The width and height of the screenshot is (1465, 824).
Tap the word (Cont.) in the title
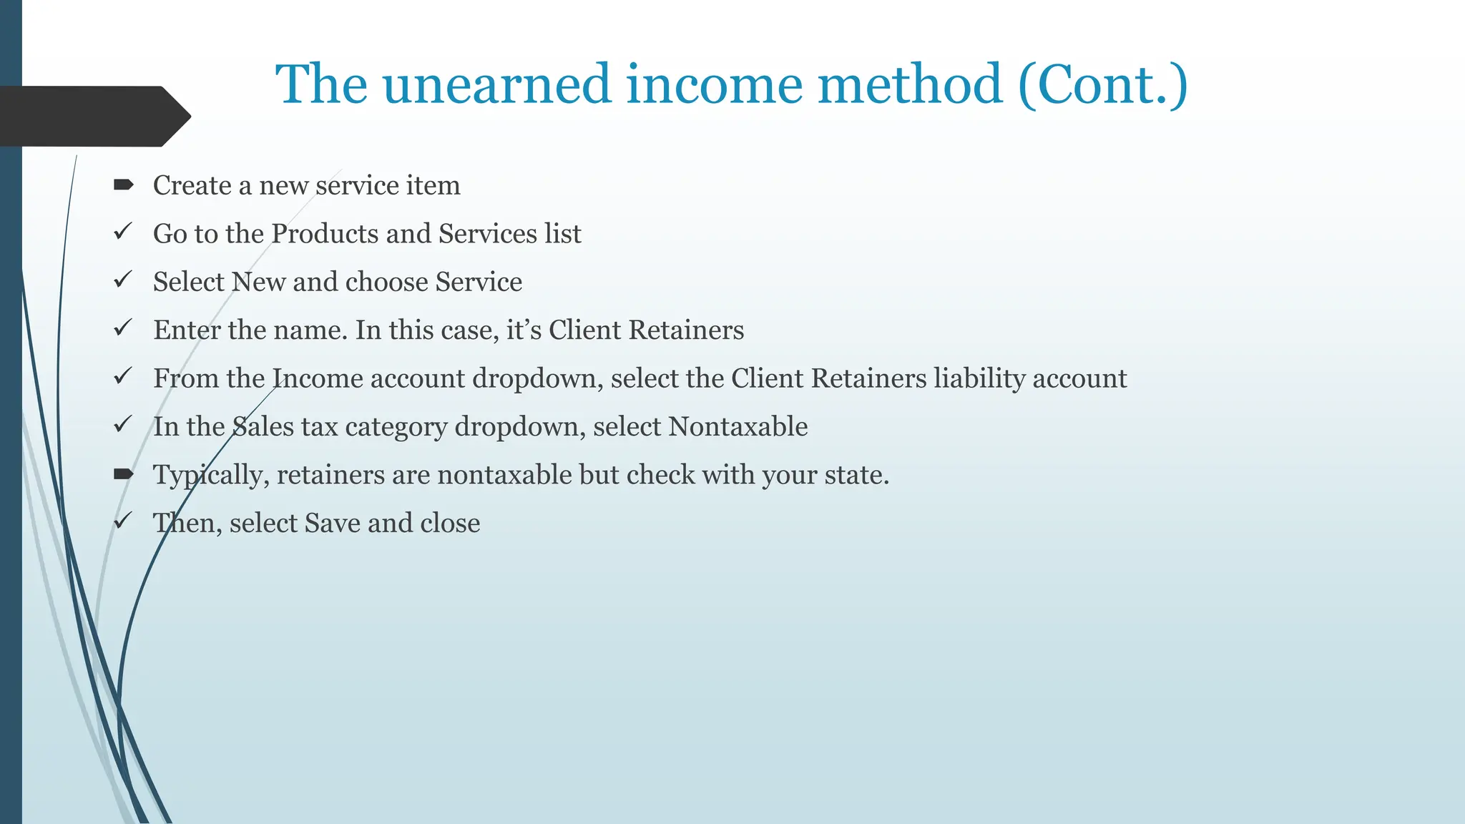1102,84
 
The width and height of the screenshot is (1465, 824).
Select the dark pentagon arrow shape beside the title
93,116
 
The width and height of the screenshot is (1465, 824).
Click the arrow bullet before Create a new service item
123,185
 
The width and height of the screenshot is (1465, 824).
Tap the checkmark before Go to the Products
123,232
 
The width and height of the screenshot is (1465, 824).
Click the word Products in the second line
325,234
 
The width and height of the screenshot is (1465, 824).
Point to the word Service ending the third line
479,282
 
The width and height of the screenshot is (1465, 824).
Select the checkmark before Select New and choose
123,280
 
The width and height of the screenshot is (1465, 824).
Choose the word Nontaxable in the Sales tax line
738,426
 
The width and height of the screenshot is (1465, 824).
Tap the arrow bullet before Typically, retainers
123,474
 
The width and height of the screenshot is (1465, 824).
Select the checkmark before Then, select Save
123,521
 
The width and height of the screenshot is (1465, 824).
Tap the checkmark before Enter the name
123,328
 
